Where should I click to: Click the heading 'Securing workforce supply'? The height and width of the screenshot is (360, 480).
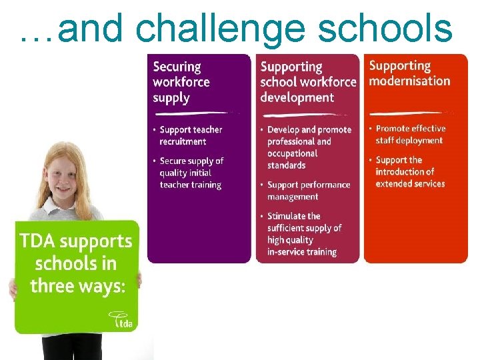[181, 82]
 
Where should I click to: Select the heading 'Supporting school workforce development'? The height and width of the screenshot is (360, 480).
[307, 82]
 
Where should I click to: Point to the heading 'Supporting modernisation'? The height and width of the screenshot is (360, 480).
[409, 73]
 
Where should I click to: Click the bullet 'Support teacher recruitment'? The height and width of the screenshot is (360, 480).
[191, 135]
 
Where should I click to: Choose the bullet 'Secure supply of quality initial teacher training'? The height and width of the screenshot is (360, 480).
[191, 173]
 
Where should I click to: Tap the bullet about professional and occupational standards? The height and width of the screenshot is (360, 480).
[309, 147]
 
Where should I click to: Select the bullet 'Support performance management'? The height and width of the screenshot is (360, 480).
[309, 191]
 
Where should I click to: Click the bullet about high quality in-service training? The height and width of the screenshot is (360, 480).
[303, 234]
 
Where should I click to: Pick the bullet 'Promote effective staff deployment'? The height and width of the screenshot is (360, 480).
[410, 134]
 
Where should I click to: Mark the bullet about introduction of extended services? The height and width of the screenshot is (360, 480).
[409, 171]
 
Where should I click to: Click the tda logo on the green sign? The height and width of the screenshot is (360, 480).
[122, 320]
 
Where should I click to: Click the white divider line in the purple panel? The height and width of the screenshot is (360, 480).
[193, 114]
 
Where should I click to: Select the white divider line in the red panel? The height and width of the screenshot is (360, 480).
[407, 113]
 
